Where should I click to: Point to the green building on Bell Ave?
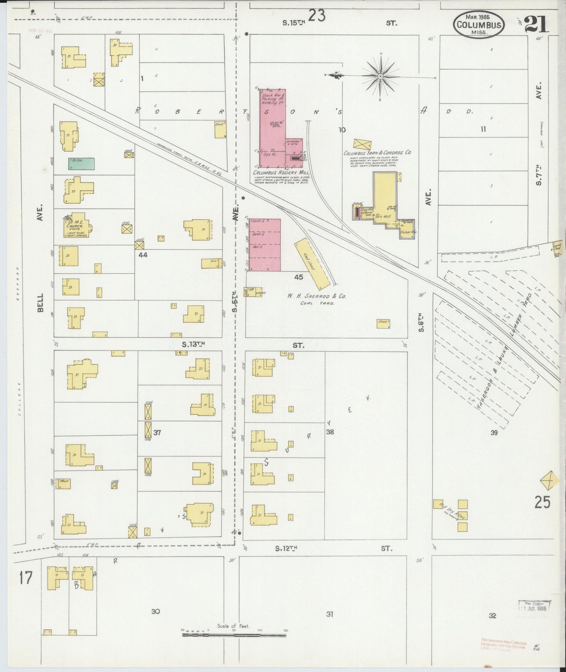click(81, 163)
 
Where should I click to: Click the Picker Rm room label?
click(407, 232)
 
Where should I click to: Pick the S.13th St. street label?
click(193, 345)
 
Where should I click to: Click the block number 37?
click(157, 433)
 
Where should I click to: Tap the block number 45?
click(298, 277)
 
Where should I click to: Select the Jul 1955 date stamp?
click(534, 607)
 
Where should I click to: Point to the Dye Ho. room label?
click(271, 155)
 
